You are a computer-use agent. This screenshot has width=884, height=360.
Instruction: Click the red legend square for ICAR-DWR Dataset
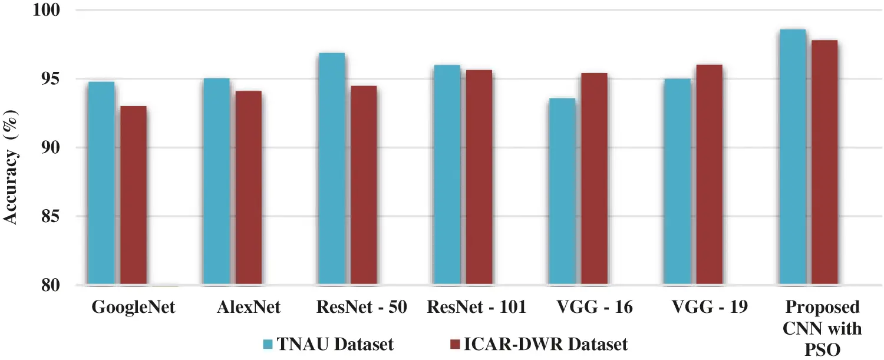point(454,344)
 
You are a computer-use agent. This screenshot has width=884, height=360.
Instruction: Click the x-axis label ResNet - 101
point(476,308)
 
